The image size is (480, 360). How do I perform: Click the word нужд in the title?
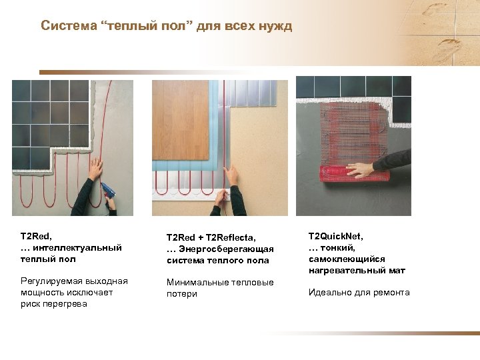pos(275,26)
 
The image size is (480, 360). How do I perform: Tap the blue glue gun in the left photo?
pos(107,191)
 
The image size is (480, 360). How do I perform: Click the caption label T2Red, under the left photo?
pos(37,236)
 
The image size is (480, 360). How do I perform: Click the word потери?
pos(182,293)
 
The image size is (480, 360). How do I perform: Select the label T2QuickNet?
pos(335,236)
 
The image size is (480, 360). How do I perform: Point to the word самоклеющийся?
pos(347,259)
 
